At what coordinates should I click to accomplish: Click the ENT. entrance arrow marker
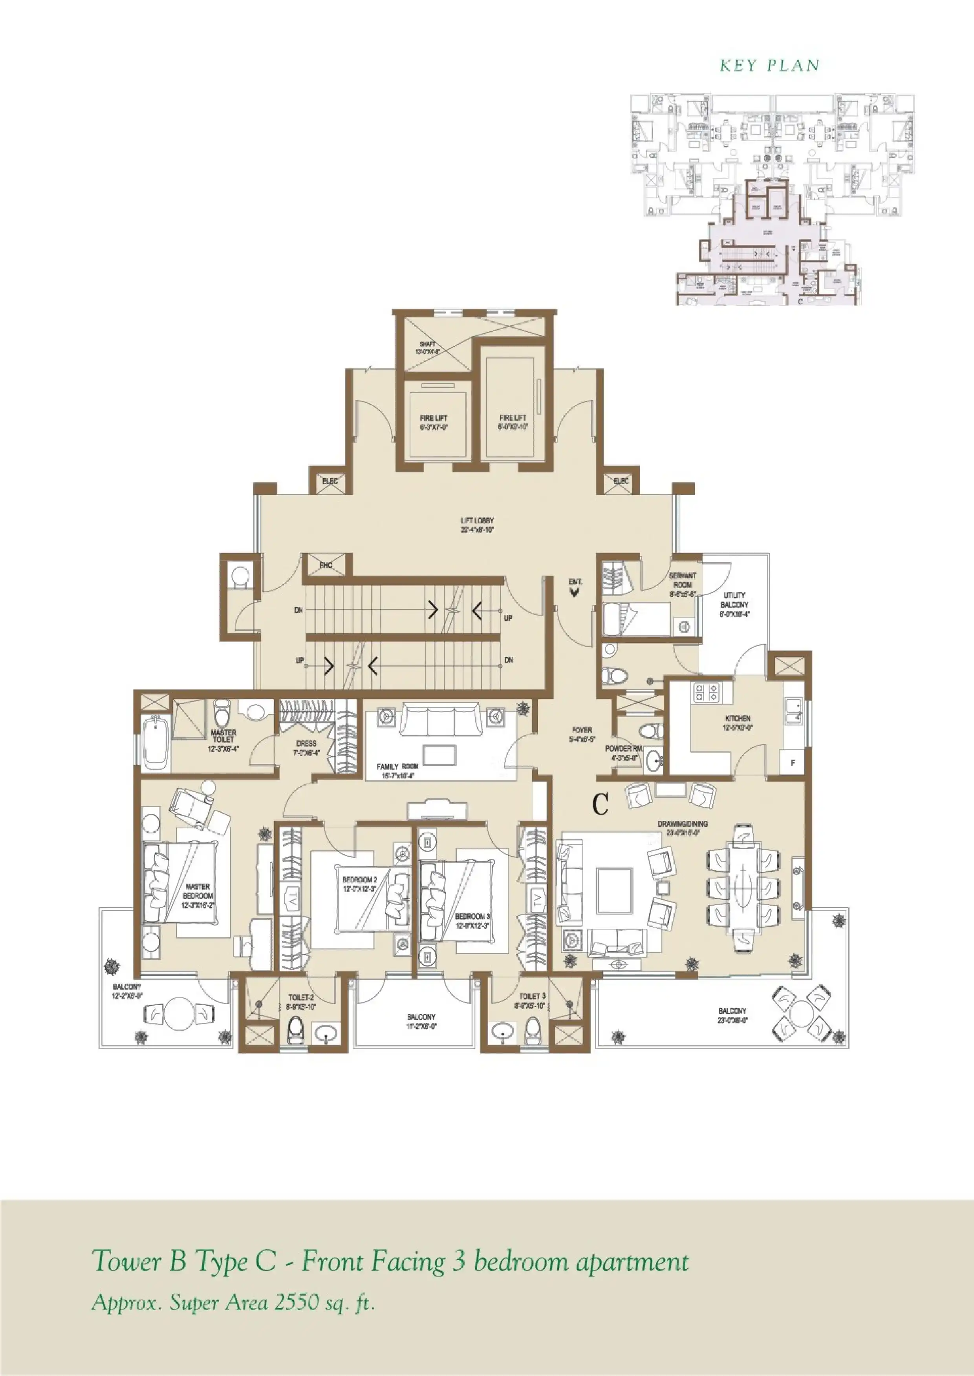575,592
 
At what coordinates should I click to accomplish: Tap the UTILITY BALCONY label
735,604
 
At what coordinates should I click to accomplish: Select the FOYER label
582,734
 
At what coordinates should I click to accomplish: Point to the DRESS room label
306,747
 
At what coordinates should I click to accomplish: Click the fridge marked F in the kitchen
793,763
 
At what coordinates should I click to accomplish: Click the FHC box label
326,565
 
